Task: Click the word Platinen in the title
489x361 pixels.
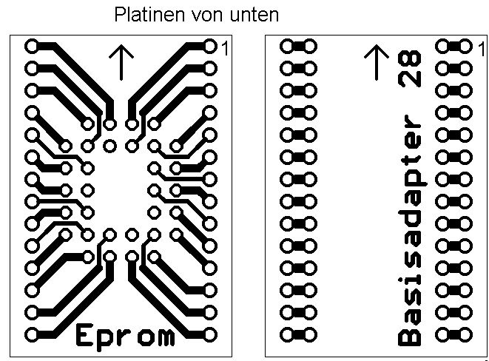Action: click(149, 14)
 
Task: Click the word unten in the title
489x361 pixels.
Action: click(254, 15)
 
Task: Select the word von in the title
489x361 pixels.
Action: click(207, 16)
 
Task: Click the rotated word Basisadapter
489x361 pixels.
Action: click(410, 230)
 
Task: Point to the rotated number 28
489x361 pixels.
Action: click(410, 68)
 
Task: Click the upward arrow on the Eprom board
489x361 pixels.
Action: click(121, 62)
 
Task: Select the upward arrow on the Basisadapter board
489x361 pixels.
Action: click(377, 62)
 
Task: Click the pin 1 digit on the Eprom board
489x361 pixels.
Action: click(225, 48)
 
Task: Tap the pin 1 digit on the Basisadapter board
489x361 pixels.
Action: click(482, 49)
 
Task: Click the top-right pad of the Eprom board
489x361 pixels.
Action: click(210, 47)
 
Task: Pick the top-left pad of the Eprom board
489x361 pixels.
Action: click(32, 47)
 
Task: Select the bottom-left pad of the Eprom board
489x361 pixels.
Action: click(32, 335)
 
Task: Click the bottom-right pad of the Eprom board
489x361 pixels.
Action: click(210, 335)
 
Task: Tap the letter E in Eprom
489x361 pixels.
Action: click(84, 334)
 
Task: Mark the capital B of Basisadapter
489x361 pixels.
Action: click(410, 336)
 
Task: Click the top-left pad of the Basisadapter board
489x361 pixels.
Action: click(287, 47)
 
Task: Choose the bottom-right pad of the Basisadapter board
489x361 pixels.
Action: click(465, 335)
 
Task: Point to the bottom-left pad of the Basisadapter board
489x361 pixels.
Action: click(287, 335)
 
